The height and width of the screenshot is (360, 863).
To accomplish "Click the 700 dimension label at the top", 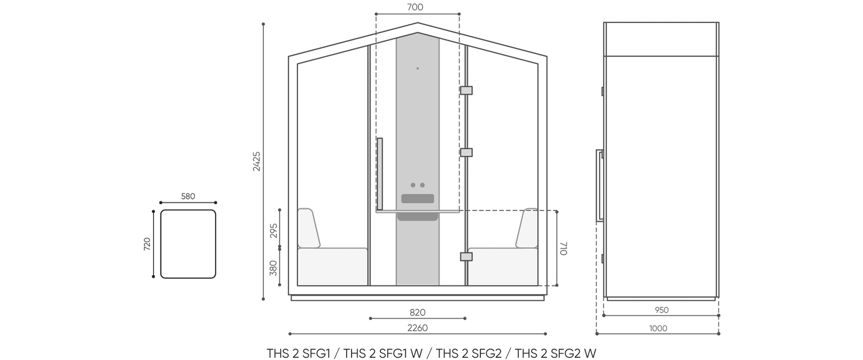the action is click(415, 7).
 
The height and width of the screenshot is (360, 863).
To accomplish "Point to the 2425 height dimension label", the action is click(257, 162).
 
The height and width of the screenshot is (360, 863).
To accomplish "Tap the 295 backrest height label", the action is click(273, 231).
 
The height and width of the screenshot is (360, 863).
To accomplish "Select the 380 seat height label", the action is click(273, 269).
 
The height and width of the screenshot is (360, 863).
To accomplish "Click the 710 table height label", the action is click(563, 248).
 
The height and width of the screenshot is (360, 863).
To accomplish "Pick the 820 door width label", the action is click(418, 312).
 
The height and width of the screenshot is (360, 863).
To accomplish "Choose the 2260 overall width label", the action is click(418, 328).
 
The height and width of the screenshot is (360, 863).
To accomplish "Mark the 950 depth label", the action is click(662, 310).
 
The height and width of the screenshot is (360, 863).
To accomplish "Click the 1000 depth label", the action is click(658, 328).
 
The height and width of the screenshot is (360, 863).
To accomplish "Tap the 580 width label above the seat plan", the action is click(188, 196).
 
